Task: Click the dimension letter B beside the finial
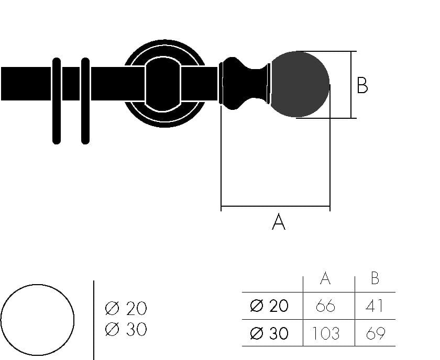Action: pyautogui.click(x=362, y=85)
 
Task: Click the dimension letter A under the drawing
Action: pyautogui.click(x=279, y=222)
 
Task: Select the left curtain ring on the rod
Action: pyautogui.click(x=57, y=100)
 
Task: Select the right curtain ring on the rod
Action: pyautogui.click(x=85, y=100)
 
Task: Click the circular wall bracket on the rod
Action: pyautogui.click(x=163, y=84)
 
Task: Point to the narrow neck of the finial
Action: pyautogui.click(x=257, y=84)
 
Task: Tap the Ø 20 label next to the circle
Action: pyautogui.click(x=126, y=309)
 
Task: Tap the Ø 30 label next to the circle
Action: pyautogui.click(x=126, y=330)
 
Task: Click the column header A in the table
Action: pyautogui.click(x=325, y=279)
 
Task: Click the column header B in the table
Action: pyautogui.click(x=375, y=279)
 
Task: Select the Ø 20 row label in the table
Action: pyautogui.click(x=269, y=306)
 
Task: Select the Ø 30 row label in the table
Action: pyautogui.click(x=269, y=333)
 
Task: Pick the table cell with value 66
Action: pyautogui.click(x=325, y=306)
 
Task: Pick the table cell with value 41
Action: pyautogui.click(x=375, y=306)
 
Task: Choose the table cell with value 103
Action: pyautogui.click(x=325, y=333)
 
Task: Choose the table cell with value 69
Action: pyautogui.click(x=375, y=333)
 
